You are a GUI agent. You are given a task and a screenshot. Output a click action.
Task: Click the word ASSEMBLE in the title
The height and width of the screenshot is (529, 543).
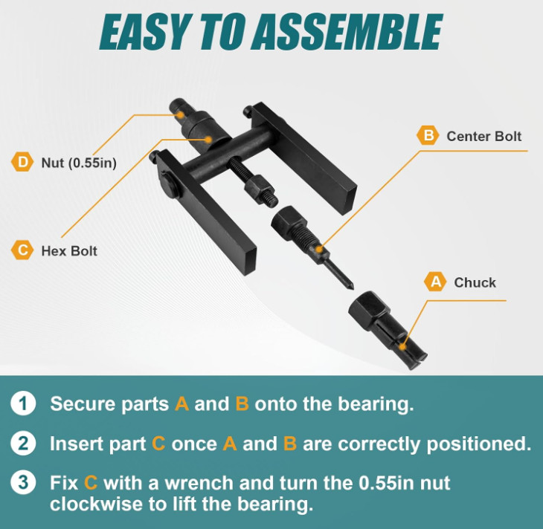(x=347, y=32)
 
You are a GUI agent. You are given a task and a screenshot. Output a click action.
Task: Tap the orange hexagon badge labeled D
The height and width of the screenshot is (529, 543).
(x=22, y=162)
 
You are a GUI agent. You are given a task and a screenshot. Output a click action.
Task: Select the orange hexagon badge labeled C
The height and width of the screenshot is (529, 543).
(x=22, y=250)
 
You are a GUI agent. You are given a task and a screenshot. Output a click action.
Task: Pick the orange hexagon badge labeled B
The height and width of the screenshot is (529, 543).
(x=428, y=135)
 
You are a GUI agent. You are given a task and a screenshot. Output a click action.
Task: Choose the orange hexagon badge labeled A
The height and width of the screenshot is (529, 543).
(x=435, y=282)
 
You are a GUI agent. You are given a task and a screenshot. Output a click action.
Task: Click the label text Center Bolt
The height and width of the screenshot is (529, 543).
(x=483, y=136)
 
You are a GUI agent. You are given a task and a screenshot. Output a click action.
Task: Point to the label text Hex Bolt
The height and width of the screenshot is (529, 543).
(x=69, y=251)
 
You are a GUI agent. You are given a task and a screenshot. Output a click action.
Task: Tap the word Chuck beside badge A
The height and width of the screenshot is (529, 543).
(x=475, y=282)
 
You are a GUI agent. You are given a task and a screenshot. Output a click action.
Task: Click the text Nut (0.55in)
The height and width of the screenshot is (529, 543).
(x=79, y=163)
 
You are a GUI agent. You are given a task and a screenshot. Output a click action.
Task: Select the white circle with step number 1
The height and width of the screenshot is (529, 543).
(x=23, y=403)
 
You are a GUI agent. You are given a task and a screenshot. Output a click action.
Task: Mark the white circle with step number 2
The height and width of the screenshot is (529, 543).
(x=23, y=444)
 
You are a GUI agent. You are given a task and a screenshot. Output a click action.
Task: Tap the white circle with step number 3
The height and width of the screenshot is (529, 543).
(x=23, y=483)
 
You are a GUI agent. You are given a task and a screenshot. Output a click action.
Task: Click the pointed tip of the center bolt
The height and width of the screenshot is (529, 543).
(x=352, y=287)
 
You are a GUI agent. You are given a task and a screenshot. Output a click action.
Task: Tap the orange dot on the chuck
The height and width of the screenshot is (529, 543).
(x=402, y=346)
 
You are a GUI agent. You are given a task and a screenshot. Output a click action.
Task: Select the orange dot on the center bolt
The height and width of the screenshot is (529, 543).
(x=319, y=249)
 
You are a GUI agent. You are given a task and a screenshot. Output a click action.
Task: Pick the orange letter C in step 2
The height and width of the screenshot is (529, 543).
(x=158, y=444)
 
